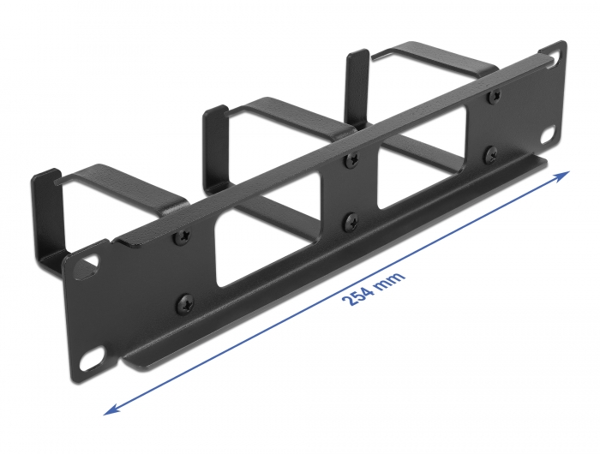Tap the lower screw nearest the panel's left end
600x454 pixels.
(x=183, y=302)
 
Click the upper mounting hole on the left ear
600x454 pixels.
(x=88, y=272)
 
